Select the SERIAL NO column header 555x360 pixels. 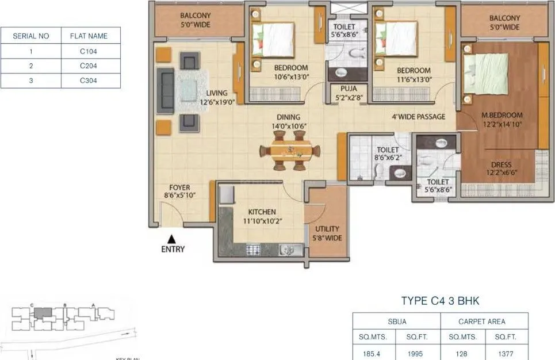pyautogui.click(x=31, y=36)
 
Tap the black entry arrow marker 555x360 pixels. pyautogui.click(x=171, y=238)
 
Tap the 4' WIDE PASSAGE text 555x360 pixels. pyautogui.click(x=418, y=117)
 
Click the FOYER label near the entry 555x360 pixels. pyautogui.click(x=179, y=192)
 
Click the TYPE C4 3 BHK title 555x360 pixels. pyautogui.click(x=440, y=301)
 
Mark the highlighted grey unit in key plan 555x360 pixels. pyautogui.click(x=43, y=313)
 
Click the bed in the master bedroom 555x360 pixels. pyautogui.click(x=486, y=73)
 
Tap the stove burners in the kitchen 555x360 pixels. pyautogui.click(x=254, y=249)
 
